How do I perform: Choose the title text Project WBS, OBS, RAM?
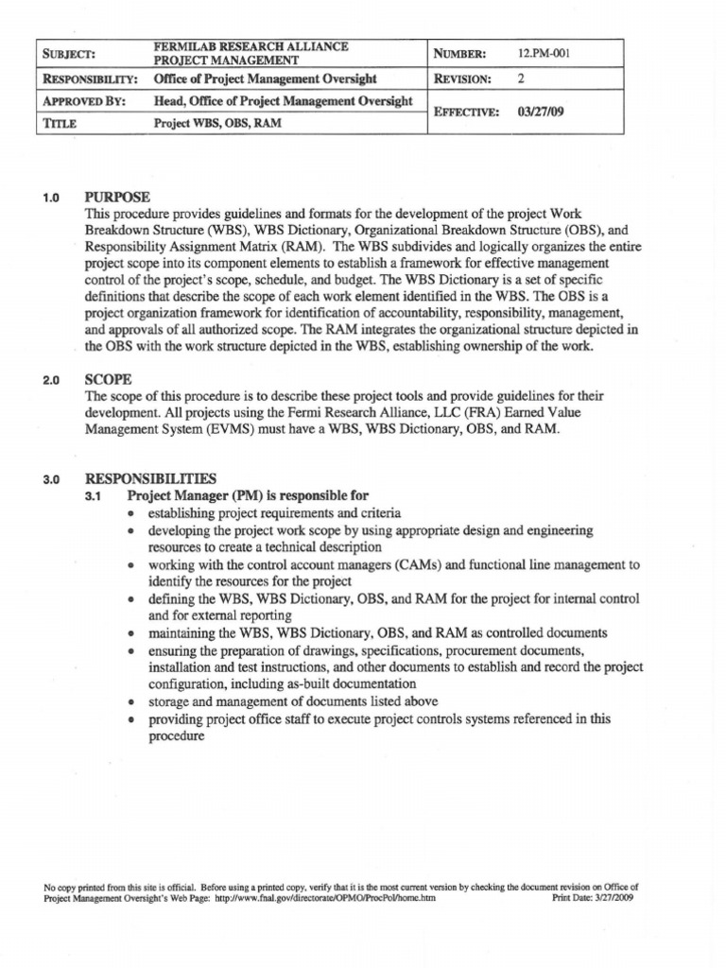coord(216,123)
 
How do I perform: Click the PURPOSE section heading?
coord(116,197)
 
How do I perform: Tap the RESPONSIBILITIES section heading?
coord(150,478)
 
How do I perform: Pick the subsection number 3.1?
coord(95,496)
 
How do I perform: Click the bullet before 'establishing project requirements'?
coord(131,513)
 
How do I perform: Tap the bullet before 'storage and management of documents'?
coord(131,701)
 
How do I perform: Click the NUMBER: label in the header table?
coord(459,54)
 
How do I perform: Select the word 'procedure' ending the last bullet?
coord(176,735)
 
